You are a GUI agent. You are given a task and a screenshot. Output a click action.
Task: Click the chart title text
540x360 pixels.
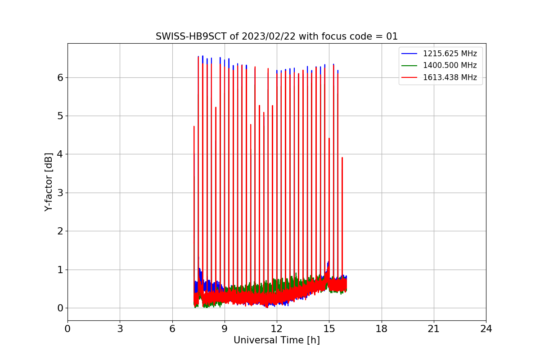click(x=277, y=36)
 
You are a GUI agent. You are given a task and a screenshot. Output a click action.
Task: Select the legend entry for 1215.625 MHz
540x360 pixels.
click(x=450, y=54)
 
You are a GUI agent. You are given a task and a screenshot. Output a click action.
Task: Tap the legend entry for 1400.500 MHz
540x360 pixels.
click(x=450, y=65)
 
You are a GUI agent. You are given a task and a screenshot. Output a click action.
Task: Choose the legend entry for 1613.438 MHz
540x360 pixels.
click(x=450, y=77)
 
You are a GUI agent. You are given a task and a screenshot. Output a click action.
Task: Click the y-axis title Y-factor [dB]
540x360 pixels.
click(x=49, y=182)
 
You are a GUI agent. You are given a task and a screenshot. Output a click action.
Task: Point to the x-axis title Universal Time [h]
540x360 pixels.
click(x=277, y=341)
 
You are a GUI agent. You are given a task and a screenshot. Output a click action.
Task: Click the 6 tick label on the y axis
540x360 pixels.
click(x=59, y=77)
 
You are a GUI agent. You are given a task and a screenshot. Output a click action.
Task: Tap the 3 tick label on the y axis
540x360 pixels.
click(x=59, y=193)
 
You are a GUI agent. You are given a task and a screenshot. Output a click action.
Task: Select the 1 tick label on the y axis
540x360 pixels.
click(x=59, y=270)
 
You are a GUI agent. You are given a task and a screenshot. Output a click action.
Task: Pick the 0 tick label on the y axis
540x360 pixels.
click(x=59, y=308)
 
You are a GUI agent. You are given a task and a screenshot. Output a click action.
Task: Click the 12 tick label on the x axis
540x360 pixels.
click(x=277, y=329)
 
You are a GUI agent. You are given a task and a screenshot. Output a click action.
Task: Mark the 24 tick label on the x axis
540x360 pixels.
click(x=486, y=329)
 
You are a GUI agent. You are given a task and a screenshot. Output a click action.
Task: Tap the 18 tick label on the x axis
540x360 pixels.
click(x=382, y=329)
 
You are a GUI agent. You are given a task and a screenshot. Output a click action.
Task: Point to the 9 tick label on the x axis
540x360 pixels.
click(x=225, y=329)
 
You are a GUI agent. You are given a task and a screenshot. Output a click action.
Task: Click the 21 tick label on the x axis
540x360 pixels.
click(x=434, y=329)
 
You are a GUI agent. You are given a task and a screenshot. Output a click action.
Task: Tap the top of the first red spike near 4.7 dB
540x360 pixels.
click(x=194, y=126)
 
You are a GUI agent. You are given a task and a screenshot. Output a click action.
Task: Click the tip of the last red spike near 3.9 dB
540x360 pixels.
click(x=342, y=157)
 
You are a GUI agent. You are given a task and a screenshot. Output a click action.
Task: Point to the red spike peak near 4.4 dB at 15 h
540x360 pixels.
click(x=329, y=138)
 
